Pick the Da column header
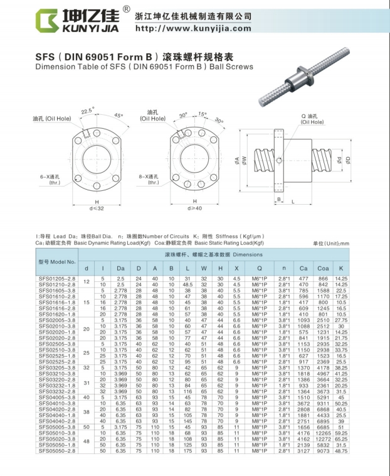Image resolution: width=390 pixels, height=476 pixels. click(120, 268)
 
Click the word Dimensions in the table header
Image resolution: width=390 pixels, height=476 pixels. click(248, 255)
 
